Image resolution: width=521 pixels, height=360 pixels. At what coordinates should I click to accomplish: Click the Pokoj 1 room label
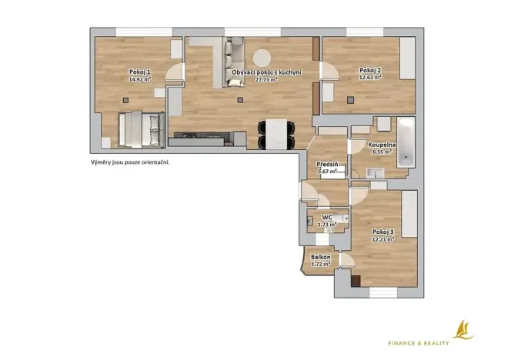point(139,72)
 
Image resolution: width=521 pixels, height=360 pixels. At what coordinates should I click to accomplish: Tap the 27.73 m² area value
point(265,79)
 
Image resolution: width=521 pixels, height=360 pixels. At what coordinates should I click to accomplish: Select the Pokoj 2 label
point(370,71)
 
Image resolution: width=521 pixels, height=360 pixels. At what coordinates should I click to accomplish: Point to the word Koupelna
point(382,145)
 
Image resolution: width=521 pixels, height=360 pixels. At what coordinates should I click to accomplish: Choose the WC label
point(327,218)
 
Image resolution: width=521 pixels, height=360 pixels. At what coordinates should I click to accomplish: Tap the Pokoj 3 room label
point(382,232)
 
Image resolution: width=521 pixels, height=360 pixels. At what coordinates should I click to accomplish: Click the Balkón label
point(321,257)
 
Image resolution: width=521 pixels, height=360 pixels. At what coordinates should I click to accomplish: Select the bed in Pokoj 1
point(141,128)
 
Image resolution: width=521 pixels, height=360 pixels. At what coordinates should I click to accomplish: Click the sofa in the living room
point(234,55)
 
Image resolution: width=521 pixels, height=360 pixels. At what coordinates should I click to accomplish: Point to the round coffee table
point(262,58)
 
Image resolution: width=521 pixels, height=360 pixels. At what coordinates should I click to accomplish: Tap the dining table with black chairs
point(276,135)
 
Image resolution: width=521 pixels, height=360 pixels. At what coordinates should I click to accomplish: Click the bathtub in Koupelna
point(404,142)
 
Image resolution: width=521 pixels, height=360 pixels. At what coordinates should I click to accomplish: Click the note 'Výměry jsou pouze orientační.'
point(129,163)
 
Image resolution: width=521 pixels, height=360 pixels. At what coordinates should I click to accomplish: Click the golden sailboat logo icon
point(462,329)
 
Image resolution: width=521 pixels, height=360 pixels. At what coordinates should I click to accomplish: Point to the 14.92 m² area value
point(139,79)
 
